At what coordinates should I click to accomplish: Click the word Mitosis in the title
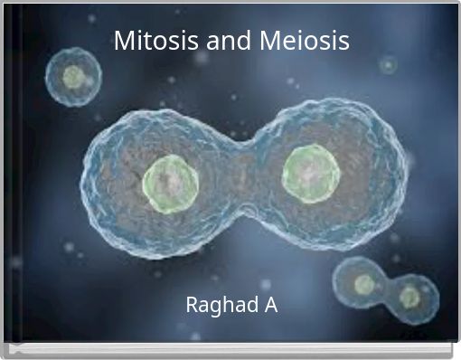[x=150, y=41]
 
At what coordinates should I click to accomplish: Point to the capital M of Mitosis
[x=124, y=41]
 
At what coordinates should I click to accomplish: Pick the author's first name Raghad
[x=217, y=306]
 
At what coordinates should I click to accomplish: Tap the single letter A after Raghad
[x=270, y=305]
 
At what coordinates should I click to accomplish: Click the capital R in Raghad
[x=192, y=305]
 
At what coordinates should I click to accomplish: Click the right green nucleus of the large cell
[x=311, y=171]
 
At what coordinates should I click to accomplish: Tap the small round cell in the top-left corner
[x=74, y=78]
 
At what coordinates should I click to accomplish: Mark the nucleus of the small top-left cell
[x=74, y=78]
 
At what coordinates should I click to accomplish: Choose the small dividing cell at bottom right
[x=386, y=289]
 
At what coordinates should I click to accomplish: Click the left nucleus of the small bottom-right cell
[x=364, y=284]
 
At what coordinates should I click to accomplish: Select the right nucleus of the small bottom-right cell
[x=409, y=296]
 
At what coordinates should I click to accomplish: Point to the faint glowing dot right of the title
[x=389, y=65]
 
